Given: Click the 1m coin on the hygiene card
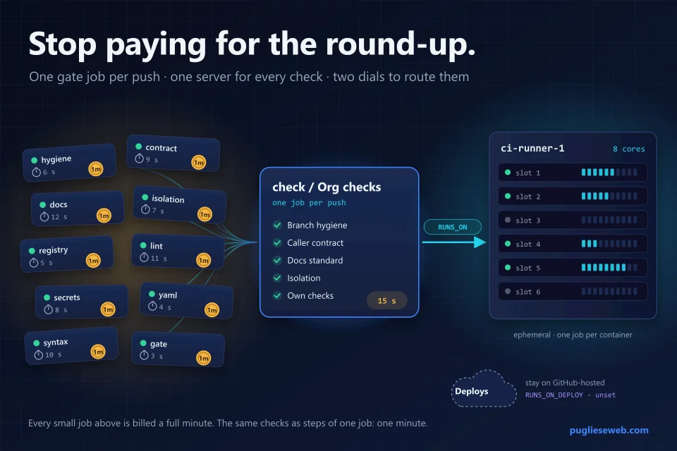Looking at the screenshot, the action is [x=96, y=168].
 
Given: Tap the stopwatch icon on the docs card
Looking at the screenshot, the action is [x=44, y=216].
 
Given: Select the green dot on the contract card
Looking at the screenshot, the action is [x=139, y=147].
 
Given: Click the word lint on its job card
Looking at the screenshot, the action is [x=157, y=246].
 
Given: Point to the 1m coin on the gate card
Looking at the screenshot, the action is [x=204, y=358].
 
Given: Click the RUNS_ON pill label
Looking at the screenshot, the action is [x=453, y=227].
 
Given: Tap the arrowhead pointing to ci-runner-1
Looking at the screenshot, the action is [x=480, y=242].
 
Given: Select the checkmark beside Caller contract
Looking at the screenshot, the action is [x=277, y=242].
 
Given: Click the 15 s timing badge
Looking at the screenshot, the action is [x=387, y=301].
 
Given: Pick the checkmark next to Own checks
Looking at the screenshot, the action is [x=277, y=296].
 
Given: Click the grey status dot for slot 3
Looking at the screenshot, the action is [x=508, y=220].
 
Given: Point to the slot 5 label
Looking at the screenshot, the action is [x=527, y=268].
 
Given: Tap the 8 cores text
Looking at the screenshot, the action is [x=628, y=149].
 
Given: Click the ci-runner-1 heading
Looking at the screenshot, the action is [x=532, y=148].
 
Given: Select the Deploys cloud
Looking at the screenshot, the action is [x=484, y=389].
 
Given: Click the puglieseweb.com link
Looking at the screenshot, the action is [x=609, y=431].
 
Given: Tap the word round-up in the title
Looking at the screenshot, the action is [x=401, y=44].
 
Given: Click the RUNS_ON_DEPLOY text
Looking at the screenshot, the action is [x=554, y=395].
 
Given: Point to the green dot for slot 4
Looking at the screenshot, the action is [x=508, y=244].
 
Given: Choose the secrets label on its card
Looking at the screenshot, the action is [x=67, y=297].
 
